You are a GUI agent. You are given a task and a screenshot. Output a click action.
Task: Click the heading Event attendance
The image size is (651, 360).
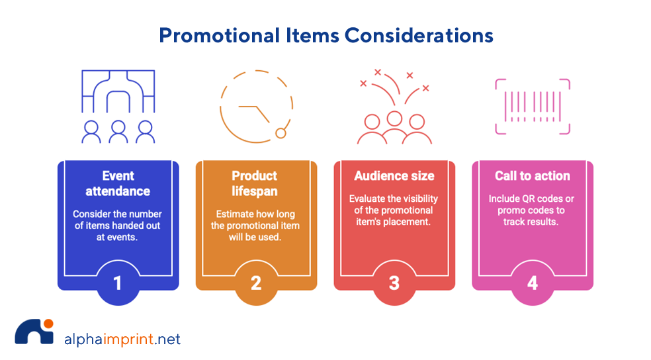click(x=118, y=183)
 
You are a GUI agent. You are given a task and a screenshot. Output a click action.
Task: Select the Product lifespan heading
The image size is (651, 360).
click(x=255, y=183)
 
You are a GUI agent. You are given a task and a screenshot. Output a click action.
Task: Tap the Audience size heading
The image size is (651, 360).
click(x=394, y=176)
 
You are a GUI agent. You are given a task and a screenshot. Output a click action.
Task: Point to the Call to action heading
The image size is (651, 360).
click(x=532, y=176)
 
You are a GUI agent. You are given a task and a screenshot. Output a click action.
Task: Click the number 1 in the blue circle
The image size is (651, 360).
click(x=118, y=283)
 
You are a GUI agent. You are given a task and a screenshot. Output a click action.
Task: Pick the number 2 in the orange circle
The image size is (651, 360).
click(x=256, y=283)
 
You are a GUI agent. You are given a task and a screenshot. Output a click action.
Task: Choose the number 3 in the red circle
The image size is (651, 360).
click(x=394, y=283)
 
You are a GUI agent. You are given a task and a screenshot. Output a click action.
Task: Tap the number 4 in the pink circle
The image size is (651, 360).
click(x=533, y=283)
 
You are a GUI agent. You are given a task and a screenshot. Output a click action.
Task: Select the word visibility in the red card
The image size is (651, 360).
click(x=416, y=199)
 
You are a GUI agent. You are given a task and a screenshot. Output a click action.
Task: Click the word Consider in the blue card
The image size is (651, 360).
click(x=93, y=214)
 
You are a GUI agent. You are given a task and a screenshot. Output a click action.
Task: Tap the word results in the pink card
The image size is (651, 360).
click(x=543, y=222)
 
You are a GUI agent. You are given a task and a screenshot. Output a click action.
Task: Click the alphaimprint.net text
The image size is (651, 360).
click(x=122, y=340)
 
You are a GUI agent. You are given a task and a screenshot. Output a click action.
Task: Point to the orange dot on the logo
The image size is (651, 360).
click(x=48, y=324)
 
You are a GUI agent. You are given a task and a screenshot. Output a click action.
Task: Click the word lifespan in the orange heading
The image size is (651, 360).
click(x=255, y=191)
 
